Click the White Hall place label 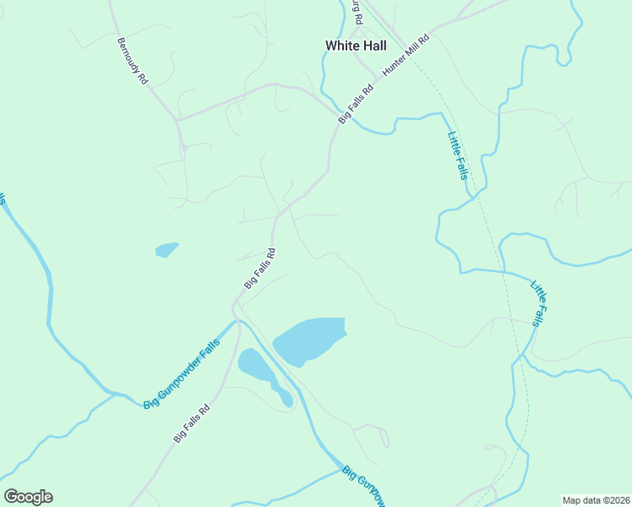click(355, 46)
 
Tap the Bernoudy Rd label click(133, 60)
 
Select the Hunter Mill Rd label click(406, 56)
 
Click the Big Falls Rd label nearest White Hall click(356, 106)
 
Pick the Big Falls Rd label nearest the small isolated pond click(260, 269)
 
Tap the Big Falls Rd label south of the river click(191, 423)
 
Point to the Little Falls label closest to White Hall click(457, 155)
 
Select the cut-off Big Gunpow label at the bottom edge click(364, 487)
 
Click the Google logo click(28, 497)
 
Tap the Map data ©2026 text click(596, 500)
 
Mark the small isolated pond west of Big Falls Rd click(166, 249)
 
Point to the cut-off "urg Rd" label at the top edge click(358, 12)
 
